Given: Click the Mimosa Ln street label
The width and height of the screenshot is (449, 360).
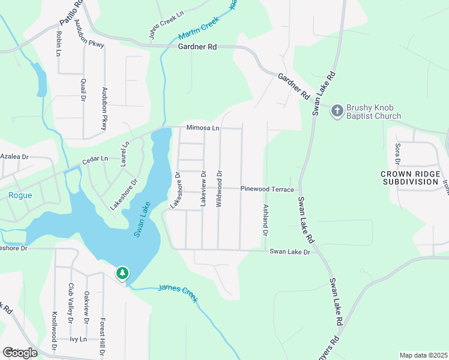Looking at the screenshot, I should point(203,128).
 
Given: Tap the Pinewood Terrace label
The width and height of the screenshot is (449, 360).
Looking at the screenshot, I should point(267,189).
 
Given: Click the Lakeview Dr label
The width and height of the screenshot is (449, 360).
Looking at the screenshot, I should point(203,189).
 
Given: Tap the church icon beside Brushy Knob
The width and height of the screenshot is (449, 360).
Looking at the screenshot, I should point(337,110).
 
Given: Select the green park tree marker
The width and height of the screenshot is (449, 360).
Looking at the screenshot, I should point(122,274).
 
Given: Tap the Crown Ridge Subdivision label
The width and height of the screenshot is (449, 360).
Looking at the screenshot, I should point(409,178).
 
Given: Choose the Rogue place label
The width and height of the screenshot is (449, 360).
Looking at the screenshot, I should point(20,195).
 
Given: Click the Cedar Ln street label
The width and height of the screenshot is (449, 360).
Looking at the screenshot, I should point(95,159).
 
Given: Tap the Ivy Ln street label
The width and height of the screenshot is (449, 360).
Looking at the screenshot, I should point(79,339).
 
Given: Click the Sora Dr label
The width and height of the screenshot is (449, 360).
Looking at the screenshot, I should point(397,154).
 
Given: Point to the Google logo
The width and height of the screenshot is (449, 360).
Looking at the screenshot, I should point(20,353).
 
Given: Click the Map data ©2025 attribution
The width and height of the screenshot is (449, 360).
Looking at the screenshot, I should point(423,355).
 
